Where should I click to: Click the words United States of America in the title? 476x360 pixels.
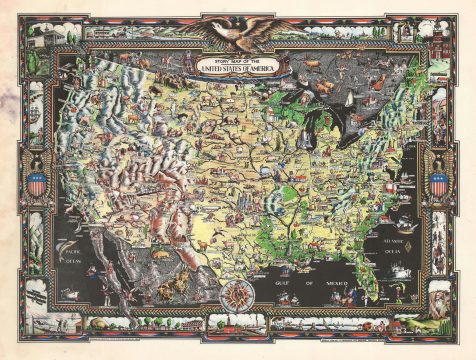[238, 69]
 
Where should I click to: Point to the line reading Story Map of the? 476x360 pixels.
[237, 59]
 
